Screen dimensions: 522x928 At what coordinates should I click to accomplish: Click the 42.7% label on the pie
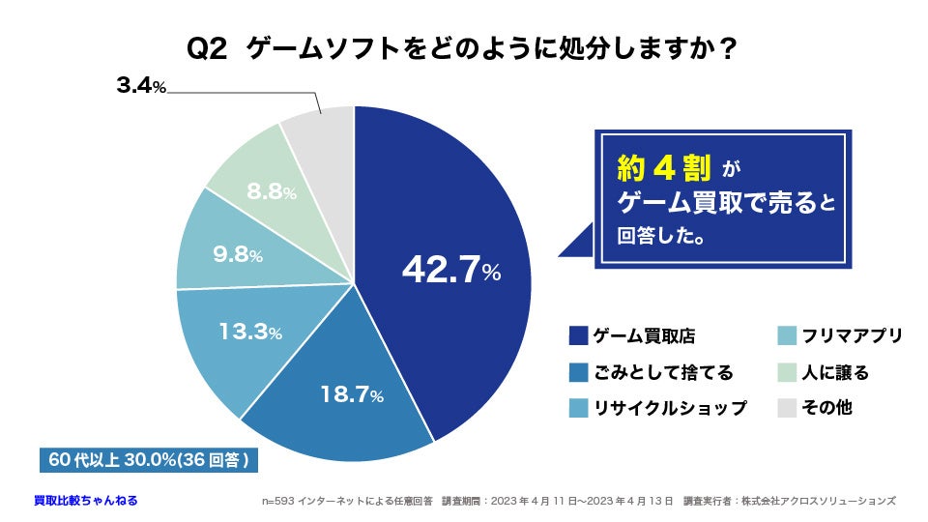click(450, 271)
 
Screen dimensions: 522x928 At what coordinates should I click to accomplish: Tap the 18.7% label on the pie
click(352, 394)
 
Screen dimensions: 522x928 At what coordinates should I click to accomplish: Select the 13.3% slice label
click(249, 333)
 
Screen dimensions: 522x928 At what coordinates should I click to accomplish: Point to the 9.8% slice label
click(237, 255)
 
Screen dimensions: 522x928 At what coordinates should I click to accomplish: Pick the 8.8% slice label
click(271, 191)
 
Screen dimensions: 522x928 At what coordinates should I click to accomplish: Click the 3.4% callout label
click(141, 87)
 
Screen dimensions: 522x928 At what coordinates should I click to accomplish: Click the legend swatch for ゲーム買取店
click(579, 336)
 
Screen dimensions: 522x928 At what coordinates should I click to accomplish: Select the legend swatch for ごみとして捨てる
click(579, 372)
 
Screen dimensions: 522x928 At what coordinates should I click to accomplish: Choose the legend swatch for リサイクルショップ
click(579, 408)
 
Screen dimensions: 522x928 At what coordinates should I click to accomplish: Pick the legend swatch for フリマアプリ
click(787, 336)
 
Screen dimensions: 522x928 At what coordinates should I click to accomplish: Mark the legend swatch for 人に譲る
click(787, 372)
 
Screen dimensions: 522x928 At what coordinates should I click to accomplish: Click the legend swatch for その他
click(787, 408)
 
